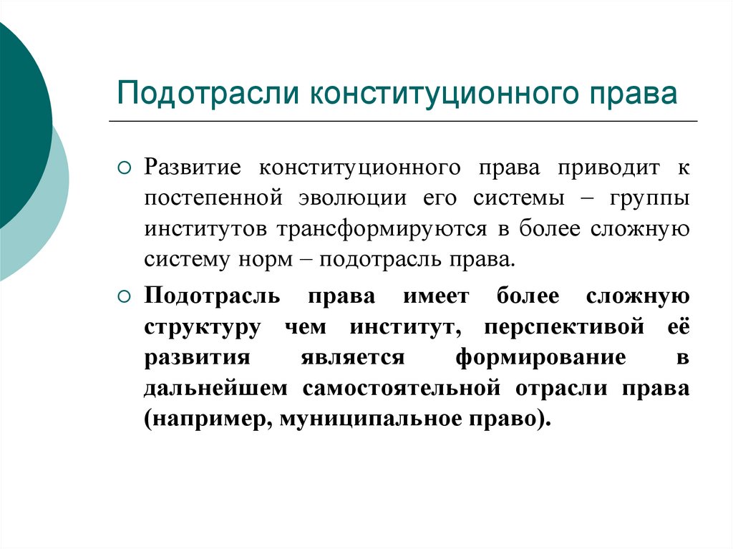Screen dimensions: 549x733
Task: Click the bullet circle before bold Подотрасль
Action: coord(124,296)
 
